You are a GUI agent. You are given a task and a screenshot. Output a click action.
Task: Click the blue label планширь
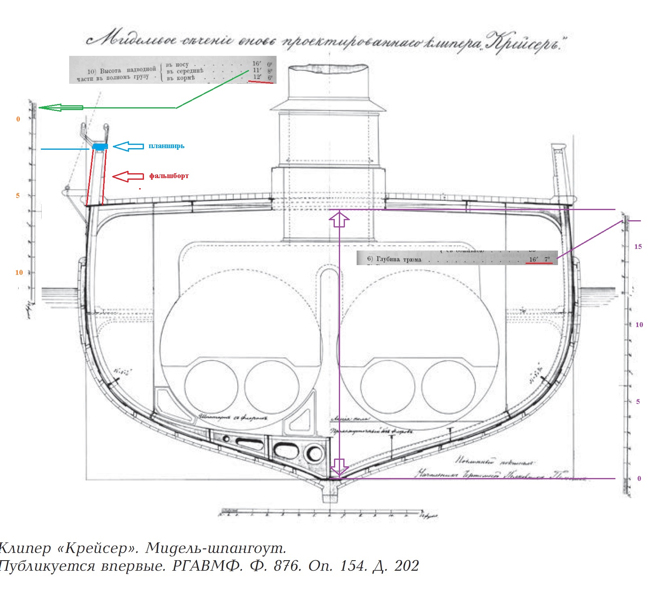point(166,146)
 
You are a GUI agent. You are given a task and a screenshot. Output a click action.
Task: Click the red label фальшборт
point(169,176)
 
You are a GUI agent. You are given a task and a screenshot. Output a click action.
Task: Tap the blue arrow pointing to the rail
point(128,146)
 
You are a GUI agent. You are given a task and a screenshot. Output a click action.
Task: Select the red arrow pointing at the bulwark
point(127,176)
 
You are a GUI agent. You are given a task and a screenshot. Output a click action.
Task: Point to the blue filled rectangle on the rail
point(100,146)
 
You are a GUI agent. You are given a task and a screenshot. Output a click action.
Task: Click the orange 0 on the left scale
point(18,119)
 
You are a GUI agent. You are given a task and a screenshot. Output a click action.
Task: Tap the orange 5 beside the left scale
point(18,195)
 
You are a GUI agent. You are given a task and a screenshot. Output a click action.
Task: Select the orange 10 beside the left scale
point(19,272)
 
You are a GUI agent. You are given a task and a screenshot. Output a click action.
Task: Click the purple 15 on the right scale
point(638,246)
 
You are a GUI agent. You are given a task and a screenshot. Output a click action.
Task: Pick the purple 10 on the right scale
point(639,325)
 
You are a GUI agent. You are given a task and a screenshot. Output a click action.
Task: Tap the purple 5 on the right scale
point(638,402)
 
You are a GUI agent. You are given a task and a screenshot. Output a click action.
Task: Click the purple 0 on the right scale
point(639,478)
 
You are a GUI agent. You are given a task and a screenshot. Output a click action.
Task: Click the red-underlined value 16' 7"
point(539,259)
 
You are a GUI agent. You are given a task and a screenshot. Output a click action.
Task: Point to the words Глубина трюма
point(399,259)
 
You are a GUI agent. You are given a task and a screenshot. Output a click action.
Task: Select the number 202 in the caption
point(406,566)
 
